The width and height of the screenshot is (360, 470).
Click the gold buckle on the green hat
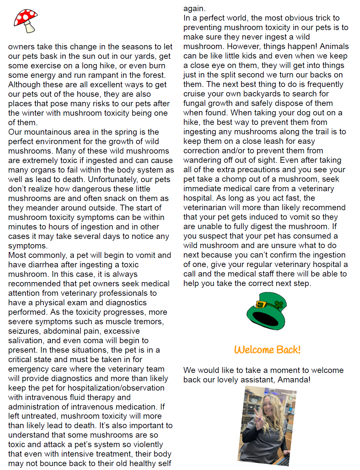coord(261,305)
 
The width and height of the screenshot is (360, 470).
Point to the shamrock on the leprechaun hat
coord(279,305)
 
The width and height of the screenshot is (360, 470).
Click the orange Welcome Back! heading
coord(267,350)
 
